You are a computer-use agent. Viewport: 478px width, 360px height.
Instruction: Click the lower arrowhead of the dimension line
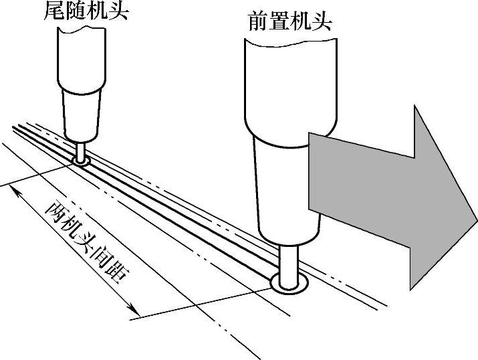coord(134,310)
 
